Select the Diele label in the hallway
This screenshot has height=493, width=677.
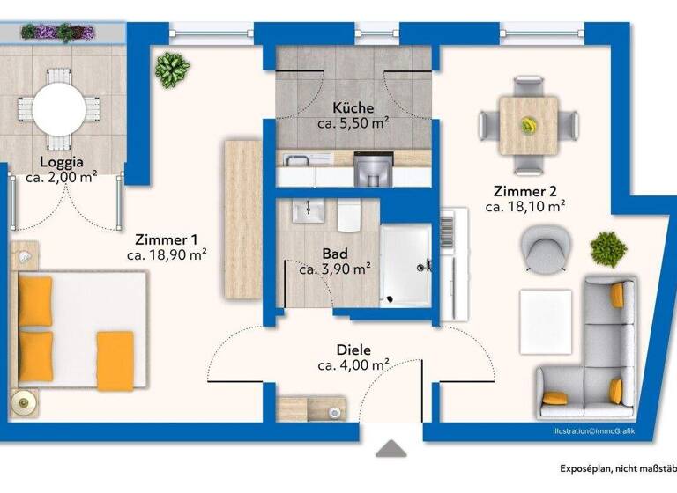[x=353, y=349]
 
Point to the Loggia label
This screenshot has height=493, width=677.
[x=62, y=162]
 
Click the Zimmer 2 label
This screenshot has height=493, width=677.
[x=524, y=191]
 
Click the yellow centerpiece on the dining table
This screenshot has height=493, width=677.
[x=528, y=123]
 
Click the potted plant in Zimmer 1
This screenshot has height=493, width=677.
[x=173, y=67]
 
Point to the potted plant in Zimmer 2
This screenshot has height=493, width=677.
[x=608, y=249]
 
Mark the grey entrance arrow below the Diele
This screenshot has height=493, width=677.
[x=390, y=448]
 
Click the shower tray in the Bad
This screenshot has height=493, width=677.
[x=405, y=263]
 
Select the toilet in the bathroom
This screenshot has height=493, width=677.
[x=349, y=214]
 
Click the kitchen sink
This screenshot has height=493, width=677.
[x=295, y=160]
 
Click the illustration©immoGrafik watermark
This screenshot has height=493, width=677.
[x=593, y=431]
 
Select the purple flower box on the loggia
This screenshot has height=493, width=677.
[x=58, y=33]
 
